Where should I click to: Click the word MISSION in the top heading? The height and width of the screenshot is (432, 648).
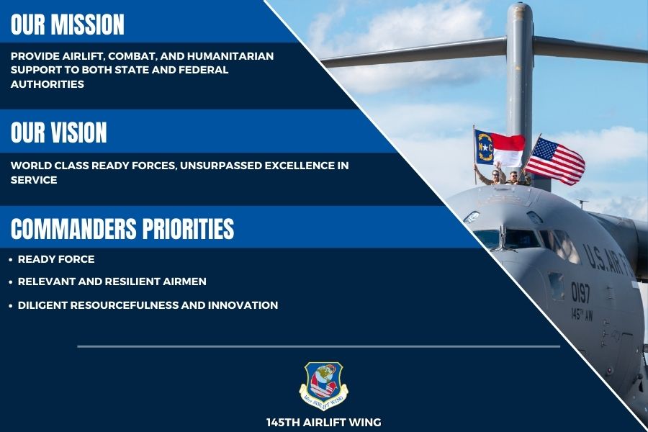coord(89,24)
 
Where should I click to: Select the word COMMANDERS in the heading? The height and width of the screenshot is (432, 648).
coord(73,229)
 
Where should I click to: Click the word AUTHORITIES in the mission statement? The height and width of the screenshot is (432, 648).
coord(48,84)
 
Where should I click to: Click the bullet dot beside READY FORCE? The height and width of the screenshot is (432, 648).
coord(10,259)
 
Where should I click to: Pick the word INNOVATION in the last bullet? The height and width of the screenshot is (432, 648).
coord(243,305)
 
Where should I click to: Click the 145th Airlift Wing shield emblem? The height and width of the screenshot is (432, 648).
coord(323,384)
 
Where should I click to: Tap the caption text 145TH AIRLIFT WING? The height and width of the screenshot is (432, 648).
coord(323,422)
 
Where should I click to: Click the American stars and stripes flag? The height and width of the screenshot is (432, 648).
coord(554,161)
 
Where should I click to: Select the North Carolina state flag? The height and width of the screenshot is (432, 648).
coord(498,148)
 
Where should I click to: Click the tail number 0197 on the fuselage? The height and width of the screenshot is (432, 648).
coord(581,292)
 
